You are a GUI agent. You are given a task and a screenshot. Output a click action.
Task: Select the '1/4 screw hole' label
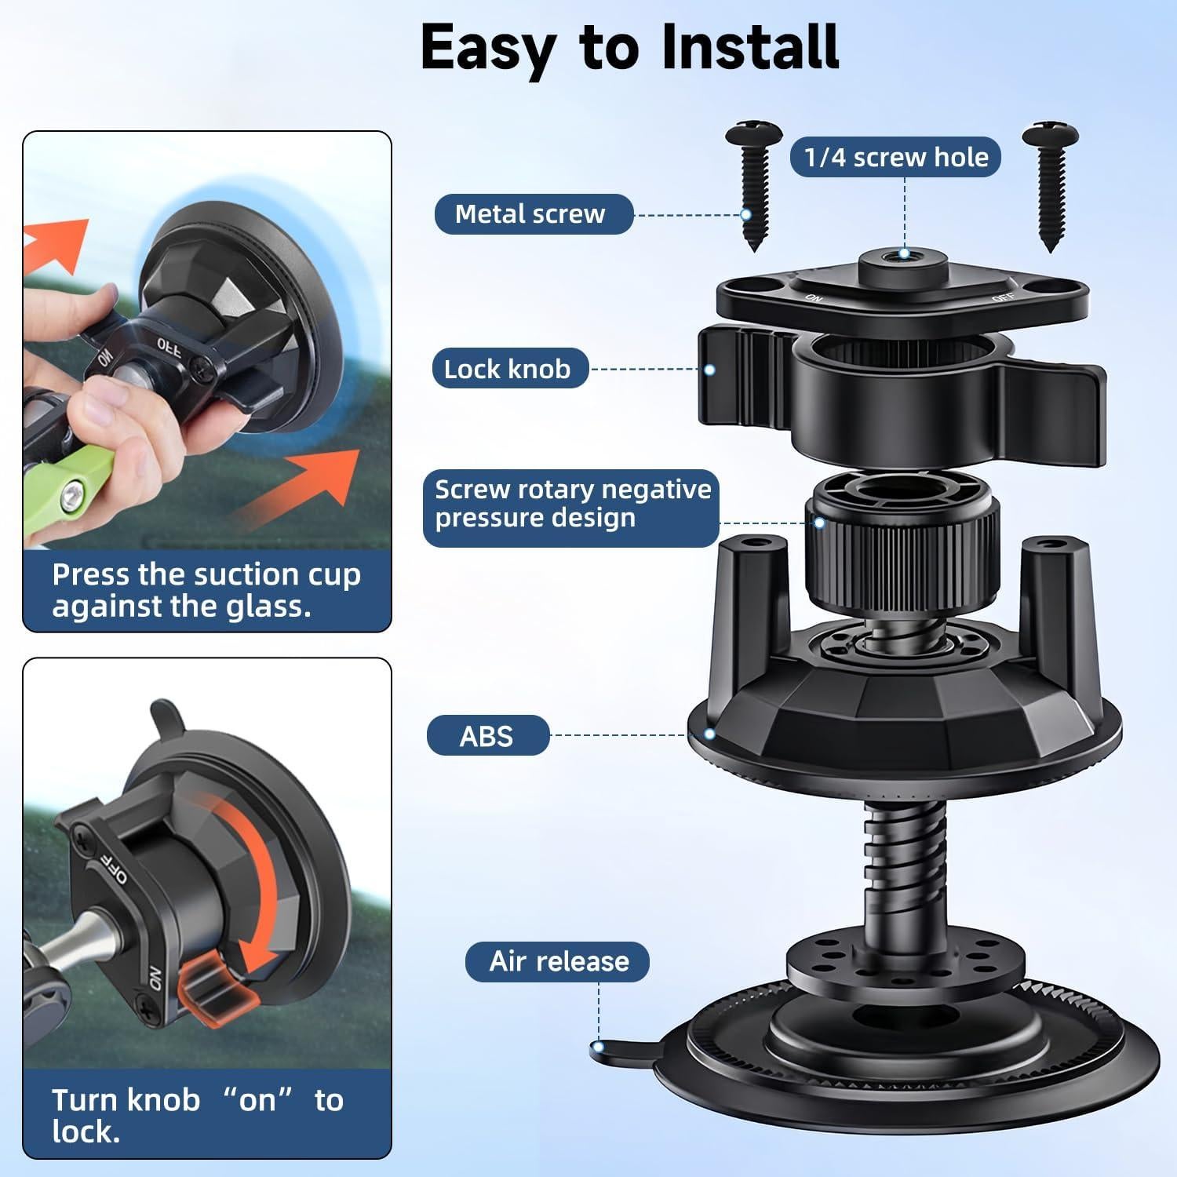[895, 157]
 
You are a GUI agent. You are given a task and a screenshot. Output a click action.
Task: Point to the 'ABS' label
[487, 736]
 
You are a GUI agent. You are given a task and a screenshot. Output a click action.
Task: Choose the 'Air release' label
[557, 961]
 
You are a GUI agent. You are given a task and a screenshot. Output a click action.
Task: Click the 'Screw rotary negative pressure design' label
[571, 504]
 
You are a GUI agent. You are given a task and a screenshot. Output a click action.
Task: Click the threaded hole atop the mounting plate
[904, 254]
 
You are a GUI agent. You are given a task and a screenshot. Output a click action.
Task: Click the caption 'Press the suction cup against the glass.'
[206, 590]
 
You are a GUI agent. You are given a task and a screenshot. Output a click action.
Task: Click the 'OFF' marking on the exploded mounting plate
[1002, 297]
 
